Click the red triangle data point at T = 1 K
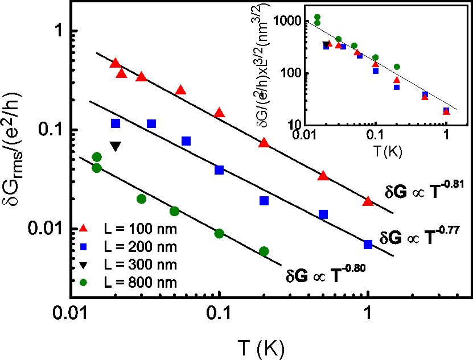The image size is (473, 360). pos(368,201)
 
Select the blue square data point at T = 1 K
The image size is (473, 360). pos(368,244)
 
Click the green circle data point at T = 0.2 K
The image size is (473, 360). pos(264,251)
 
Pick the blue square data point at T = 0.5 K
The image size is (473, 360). pos(323,214)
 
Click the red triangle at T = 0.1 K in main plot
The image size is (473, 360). pos(219,113)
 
